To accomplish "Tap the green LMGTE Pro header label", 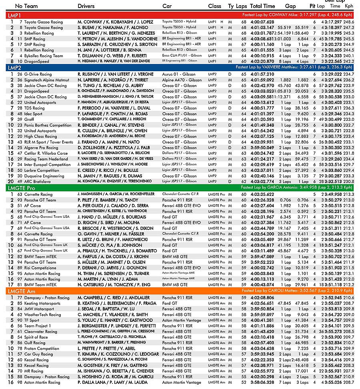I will tap(22, 188).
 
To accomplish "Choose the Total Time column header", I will tap(262, 6).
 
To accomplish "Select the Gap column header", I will tap(290, 6).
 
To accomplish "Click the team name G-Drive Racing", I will tap(38, 74).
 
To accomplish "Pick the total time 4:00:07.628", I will tap(262, 22).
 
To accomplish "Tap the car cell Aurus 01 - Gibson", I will tap(179, 74).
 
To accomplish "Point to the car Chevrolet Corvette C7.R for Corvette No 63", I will tap(180, 194).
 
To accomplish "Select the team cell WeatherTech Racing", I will tap(42, 315).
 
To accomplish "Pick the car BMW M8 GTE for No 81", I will tap(175, 285).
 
